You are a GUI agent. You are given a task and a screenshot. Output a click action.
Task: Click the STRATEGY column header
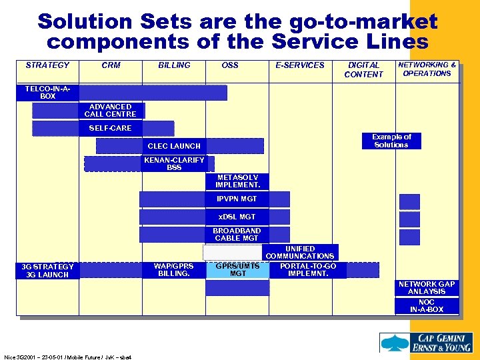click(x=47, y=65)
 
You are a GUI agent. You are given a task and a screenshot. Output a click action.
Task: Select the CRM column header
click(x=111, y=65)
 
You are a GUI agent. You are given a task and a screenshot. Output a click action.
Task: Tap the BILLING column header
click(x=174, y=65)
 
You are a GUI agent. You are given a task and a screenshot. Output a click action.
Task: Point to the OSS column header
click(x=230, y=65)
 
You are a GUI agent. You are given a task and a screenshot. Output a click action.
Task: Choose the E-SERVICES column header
click(x=300, y=65)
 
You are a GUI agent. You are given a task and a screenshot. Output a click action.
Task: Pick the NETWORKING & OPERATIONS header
click(x=427, y=69)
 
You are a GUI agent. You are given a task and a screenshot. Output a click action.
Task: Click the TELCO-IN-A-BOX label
click(x=48, y=93)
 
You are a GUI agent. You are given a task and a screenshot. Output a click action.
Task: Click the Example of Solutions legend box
click(x=391, y=141)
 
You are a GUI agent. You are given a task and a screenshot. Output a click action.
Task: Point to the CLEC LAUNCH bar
click(x=174, y=146)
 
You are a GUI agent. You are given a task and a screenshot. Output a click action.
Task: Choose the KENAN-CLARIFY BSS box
click(x=174, y=164)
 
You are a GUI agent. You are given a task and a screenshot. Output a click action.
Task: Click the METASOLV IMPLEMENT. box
click(x=238, y=181)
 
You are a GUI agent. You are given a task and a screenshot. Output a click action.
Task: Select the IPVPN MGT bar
click(x=236, y=199)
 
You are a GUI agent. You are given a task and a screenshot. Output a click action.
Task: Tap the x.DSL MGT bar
click(x=237, y=217)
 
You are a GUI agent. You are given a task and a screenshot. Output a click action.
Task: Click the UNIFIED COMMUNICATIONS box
click(x=300, y=252)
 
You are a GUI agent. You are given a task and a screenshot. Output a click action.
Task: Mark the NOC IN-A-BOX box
click(x=427, y=306)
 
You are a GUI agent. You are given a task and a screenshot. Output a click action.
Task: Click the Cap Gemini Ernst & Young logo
click(x=426, y=343)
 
